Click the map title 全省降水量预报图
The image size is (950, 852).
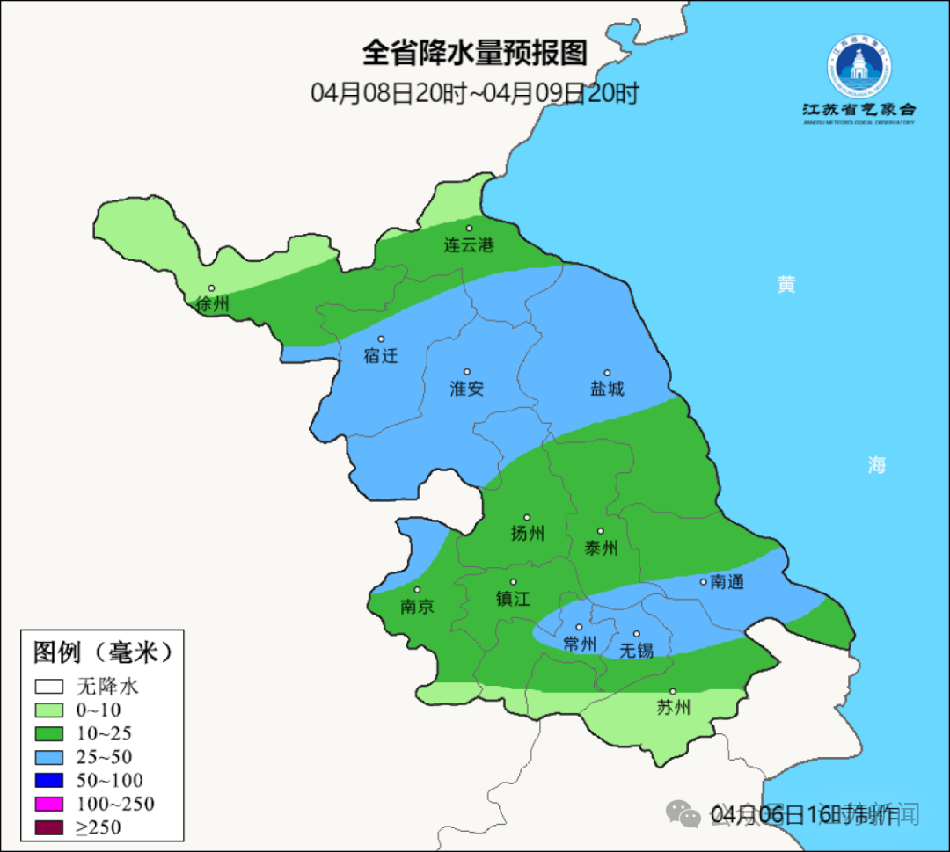click(474, 54)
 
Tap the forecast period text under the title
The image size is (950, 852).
click(474, 93)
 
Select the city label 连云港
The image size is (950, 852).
click(469, 245)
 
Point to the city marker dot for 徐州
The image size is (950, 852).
click(211, 288)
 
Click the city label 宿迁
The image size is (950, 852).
click(381, 356)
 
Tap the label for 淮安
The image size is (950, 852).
click(467, 389)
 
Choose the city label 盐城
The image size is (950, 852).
click(606, 389)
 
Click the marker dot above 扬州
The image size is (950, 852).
click(527, 518)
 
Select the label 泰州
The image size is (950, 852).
click(601, 549)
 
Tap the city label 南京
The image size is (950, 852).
click(417, 607)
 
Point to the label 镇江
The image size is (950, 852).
click(513, 599)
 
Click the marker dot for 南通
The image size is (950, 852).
click(703, 581)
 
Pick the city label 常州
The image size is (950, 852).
click(580, 644)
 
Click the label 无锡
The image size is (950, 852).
click(637, 651)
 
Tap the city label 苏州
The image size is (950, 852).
click(674, 708)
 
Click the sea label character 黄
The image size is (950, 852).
click(786, 284)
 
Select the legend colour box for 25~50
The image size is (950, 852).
click(49, 756)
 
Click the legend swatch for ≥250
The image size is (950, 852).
click(49, 827)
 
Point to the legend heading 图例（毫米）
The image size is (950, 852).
click(102, 652)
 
